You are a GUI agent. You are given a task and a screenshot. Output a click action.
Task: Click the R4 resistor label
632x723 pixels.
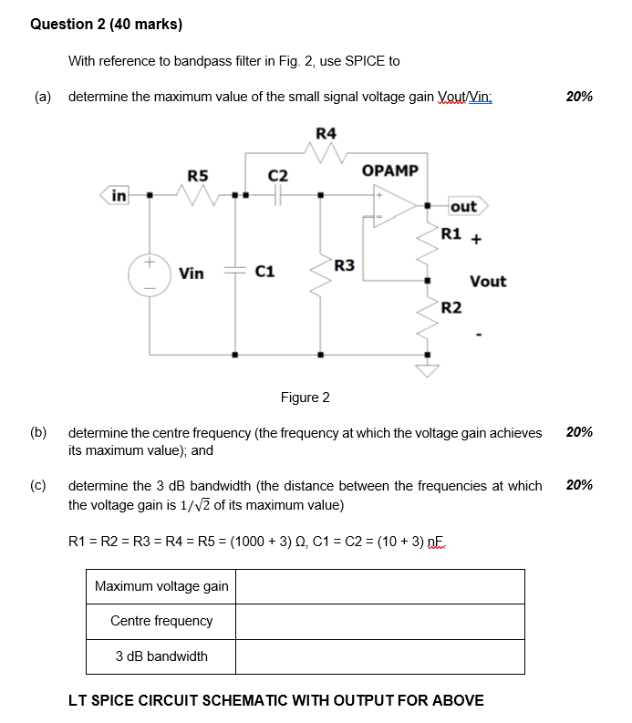pyautogui.click(x=326, y=134)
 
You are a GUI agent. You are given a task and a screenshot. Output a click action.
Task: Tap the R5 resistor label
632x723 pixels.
pyautogui.click(x=197, y=175)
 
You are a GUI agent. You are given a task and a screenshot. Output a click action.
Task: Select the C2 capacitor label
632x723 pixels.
pyautogui.click(x=278, y=175)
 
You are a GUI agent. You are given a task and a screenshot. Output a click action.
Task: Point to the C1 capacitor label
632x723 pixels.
pyautogui.click(x=265, y=272)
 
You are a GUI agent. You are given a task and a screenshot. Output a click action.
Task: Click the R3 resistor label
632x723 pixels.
pyautogui.click(x=345, y=266)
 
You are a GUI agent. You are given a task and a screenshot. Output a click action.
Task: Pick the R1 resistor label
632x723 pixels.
pyautogui.click(x=451, y=233)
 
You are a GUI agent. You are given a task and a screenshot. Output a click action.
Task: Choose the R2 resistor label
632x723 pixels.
pyautogui.click(x=451, y=307)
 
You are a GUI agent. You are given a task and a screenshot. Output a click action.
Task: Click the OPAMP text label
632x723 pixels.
pyautogui.click(x=389, y=170)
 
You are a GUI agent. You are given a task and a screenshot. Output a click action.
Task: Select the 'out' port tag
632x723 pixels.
pyautogui.click(x=463, y=207)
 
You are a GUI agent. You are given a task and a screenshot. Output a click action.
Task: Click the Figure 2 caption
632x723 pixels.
pyautogui.click(x=306, y=398)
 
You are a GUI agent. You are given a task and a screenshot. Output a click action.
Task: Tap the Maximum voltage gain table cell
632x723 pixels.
pyautogui.click(x=161, y=586)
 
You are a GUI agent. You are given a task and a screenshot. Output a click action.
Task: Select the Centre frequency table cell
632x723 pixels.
pyautogui.click(x=161, y=621)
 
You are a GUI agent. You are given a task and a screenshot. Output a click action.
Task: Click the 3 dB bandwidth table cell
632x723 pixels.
pyautogui.click(x=161, y=656)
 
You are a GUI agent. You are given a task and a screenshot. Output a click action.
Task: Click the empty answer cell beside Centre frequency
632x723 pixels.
pyautogui.click(x=380, y=621)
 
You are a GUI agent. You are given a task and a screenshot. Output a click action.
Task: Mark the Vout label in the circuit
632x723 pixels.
pyautogui.click(x=488, y=282)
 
